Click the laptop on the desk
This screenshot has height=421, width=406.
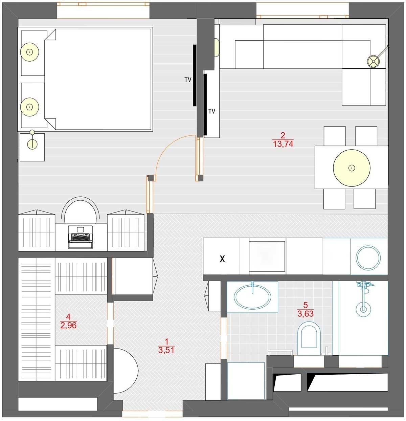point(81,237)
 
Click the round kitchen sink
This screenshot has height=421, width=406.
point(368,258)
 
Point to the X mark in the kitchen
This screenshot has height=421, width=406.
point(222,259)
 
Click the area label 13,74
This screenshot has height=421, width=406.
point(283,143)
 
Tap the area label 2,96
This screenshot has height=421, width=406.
point(68,325)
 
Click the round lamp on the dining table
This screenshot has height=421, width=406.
point(352,168)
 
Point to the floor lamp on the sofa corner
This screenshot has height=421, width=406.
point(374,62)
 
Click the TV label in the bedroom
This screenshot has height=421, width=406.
point(188,80)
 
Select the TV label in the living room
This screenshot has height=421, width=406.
point(212,111)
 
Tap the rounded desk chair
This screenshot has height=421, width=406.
point(81,210)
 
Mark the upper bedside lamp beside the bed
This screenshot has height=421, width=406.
point(29,52)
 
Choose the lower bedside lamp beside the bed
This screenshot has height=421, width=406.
point(29,107)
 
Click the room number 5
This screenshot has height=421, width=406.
point(306,305)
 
